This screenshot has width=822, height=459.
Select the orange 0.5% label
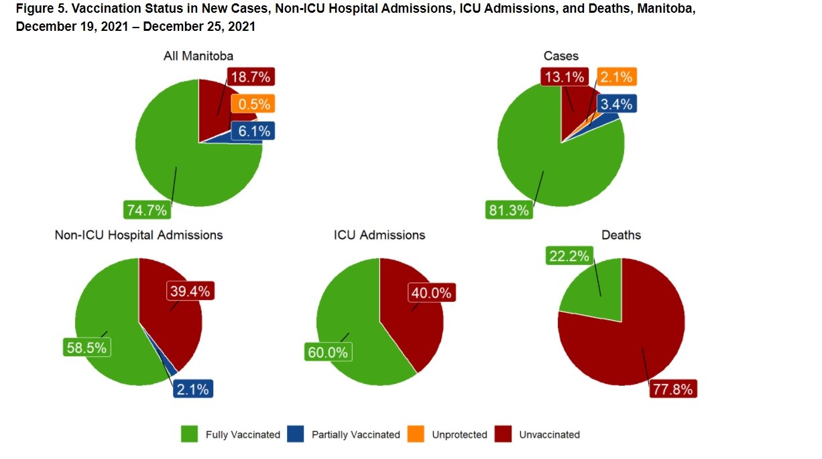(253, 104)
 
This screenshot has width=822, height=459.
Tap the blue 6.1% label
(253, 131)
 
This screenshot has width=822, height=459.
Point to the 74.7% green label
(147, 210)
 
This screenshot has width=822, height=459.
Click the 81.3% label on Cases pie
(509, 210)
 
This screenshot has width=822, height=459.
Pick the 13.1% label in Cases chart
(564, 77)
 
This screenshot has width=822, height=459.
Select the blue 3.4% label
(615, 104)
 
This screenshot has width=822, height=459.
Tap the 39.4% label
(190, 291)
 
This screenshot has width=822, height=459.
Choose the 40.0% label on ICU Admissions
(432, 293)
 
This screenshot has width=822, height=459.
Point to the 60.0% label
(328, 352)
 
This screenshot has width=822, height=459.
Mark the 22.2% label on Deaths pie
(569, 256)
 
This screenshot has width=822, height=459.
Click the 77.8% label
(673, 389)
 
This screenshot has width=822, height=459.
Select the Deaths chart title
(622, 235)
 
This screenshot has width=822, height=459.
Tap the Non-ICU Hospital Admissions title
(139, 235)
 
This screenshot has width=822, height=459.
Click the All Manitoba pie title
(198, 56)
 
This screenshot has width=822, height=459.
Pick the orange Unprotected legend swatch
(416, 434)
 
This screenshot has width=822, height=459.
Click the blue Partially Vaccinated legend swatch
(296, 434)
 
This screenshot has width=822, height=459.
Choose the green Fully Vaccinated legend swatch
(190, 434)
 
